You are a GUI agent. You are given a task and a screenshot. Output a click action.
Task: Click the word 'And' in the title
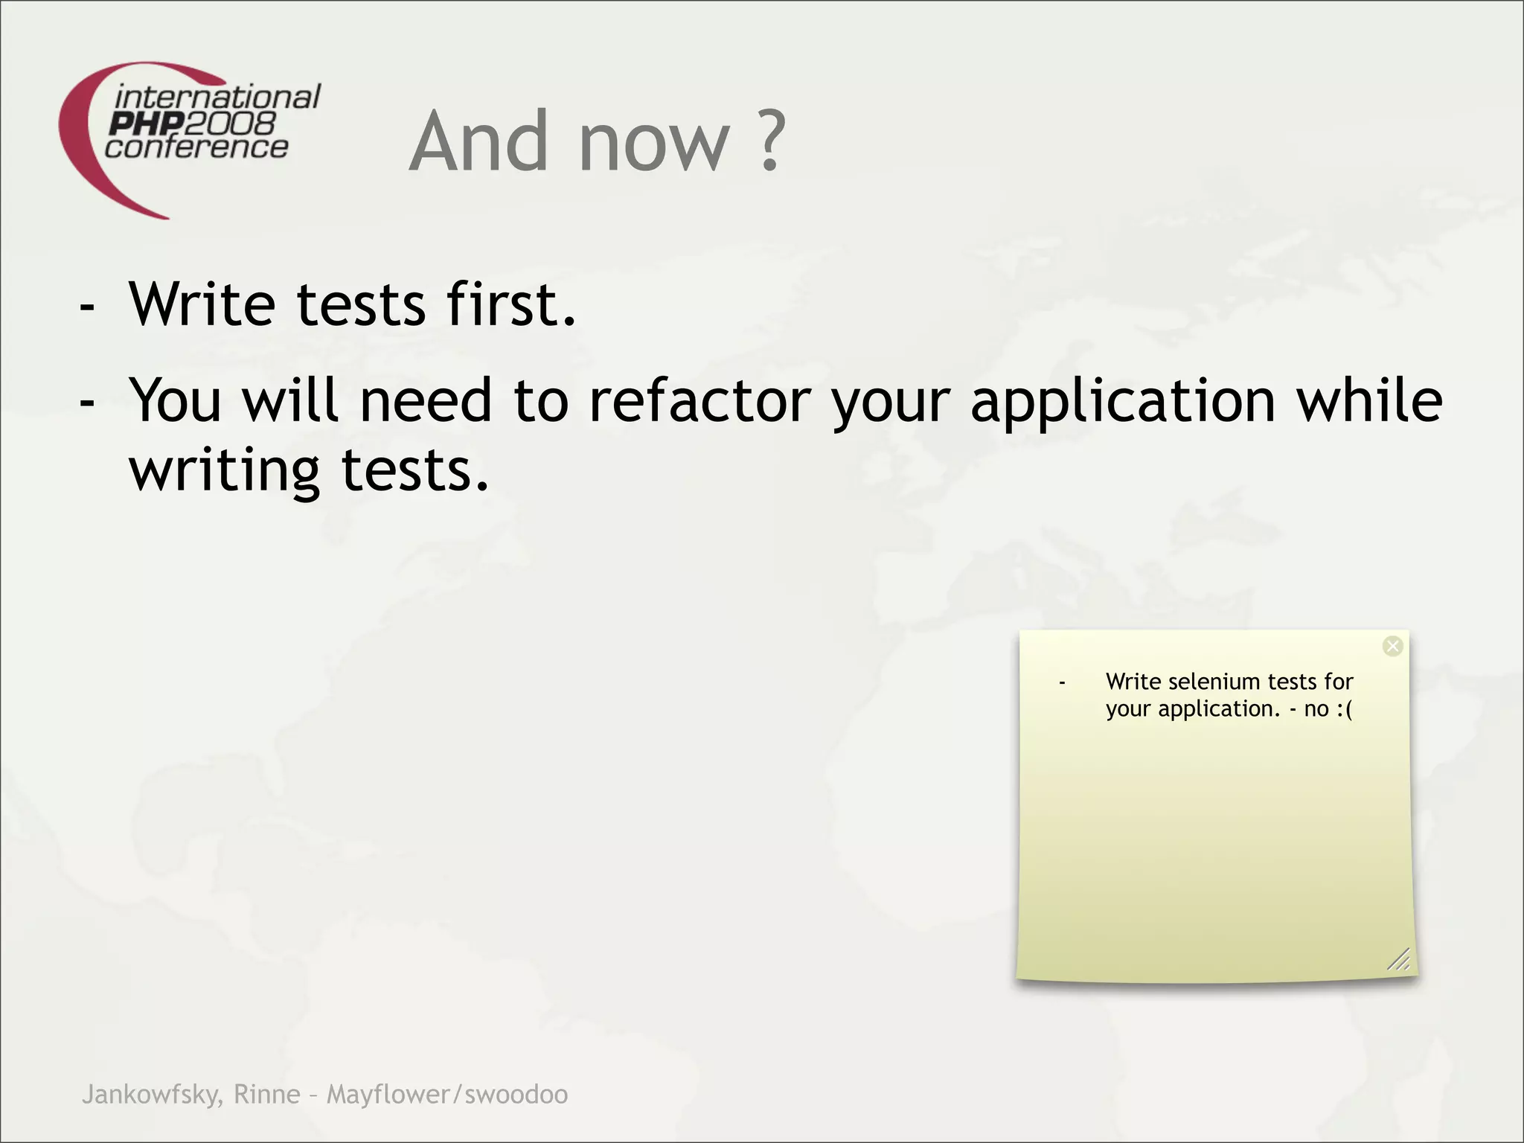[x=480, y=141]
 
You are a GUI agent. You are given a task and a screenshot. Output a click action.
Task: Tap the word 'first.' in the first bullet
[x=511, y=304]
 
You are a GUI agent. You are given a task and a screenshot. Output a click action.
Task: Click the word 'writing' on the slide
[x=225, y=472]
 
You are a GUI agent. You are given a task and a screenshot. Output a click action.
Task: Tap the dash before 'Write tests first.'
[x=87, y=306]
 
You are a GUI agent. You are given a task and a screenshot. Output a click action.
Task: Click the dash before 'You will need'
[x=87, y=402]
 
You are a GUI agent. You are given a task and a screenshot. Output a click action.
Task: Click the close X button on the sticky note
[x=1392, y=646]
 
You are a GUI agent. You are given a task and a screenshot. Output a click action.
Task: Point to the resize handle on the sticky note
[x=1399, y=960]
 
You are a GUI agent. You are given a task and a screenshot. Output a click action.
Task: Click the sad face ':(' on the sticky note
[x=1344, y=709]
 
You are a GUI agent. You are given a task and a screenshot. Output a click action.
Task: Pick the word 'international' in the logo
[x=217, y=97]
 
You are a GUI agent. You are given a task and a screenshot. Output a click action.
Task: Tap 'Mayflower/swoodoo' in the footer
[x=447, y=1095]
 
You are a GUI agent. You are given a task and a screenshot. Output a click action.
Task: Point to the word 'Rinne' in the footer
[x=267, y=1095]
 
